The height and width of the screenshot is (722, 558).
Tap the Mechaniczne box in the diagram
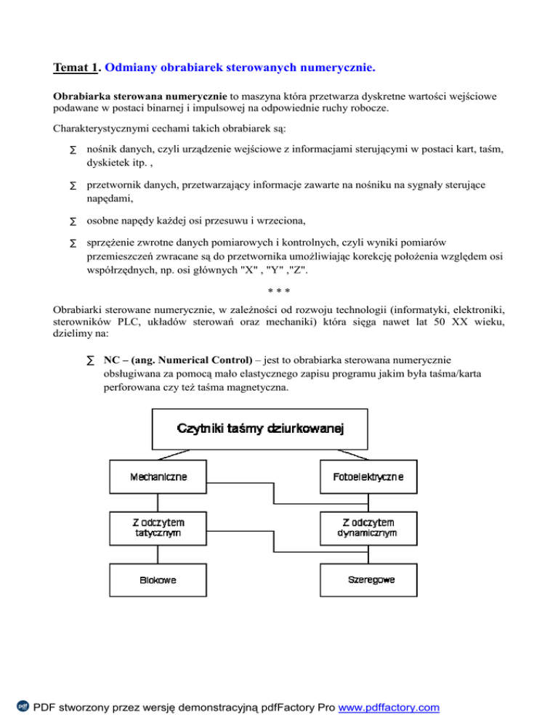158,477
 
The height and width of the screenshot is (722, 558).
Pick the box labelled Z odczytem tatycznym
158,527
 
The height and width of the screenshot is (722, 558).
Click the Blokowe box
158,580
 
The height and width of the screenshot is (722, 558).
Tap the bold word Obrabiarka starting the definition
84,95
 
